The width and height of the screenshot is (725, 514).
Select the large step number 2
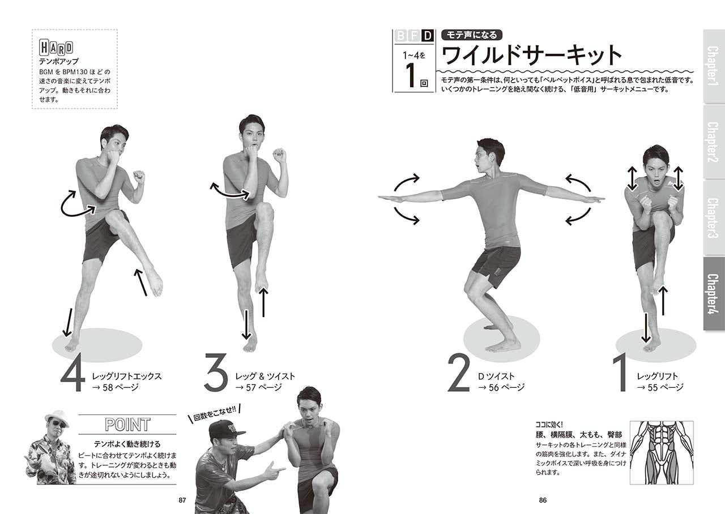click(x=458, y=372)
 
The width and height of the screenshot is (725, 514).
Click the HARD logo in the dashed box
click(x=56, y=48)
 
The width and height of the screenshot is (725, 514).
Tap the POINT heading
click(x=127, y=425)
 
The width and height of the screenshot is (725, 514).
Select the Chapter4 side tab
click(x=713, y=293)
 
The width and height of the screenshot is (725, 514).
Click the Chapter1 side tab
click(x=713, y=66)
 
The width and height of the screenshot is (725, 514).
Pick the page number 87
click(x=182, y=500)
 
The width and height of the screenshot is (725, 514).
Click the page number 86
click(x=543, y=500)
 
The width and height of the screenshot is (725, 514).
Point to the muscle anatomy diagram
click(x=662, y=452)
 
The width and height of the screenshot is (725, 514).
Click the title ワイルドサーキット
click(x=531, y=55)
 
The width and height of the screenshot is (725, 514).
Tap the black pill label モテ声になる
click(x=472, y=35)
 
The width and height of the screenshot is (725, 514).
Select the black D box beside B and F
click(x=427, y=36)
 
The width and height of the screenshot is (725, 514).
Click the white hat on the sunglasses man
click(x=57, y=418)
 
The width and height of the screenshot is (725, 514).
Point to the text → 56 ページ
click(x=501, y=387)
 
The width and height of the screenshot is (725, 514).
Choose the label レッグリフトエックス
click(x=127, y=376)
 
